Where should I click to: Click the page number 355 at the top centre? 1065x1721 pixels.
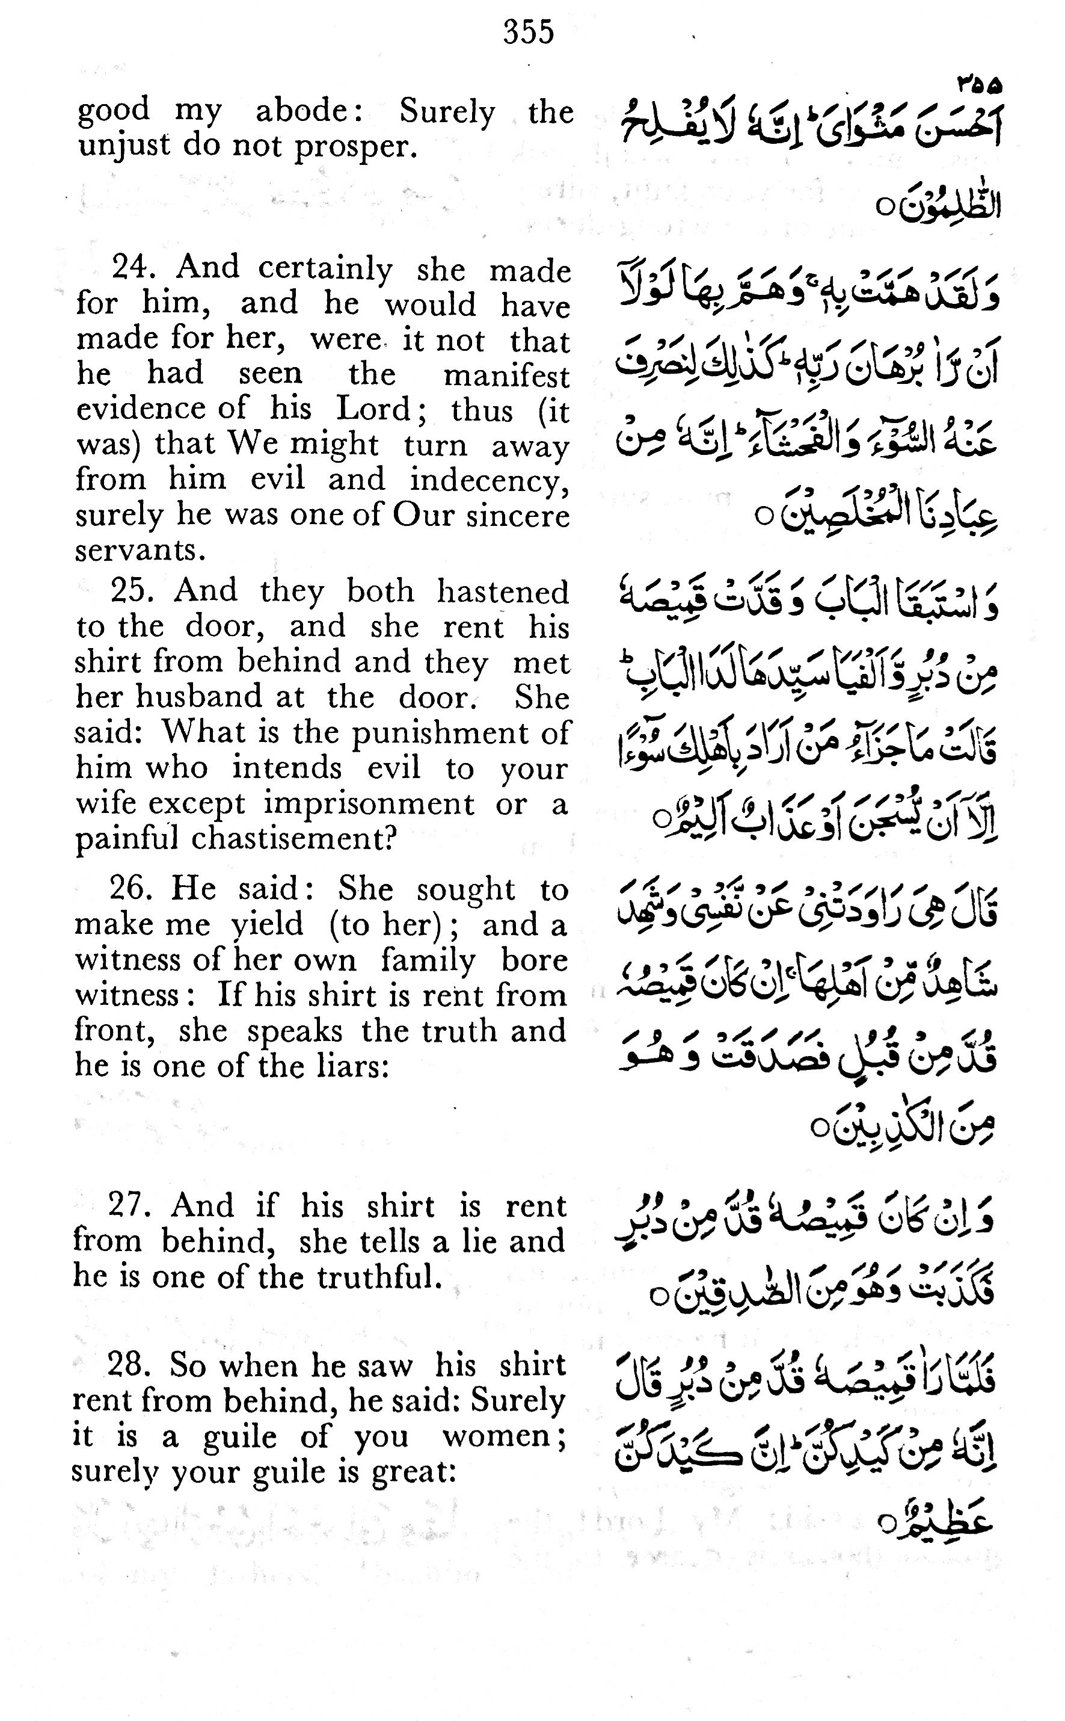[x=528, y=32]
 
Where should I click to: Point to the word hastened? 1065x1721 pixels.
[x=502, y=592]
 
